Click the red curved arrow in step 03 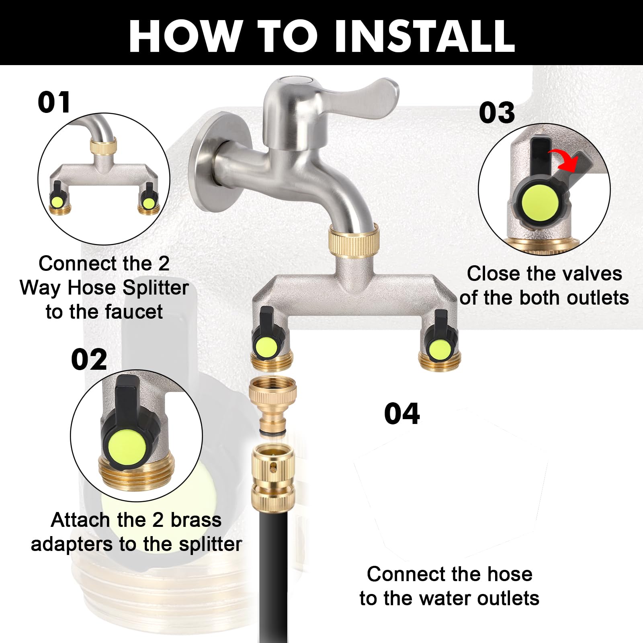[565, 157]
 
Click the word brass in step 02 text [196, 520]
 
